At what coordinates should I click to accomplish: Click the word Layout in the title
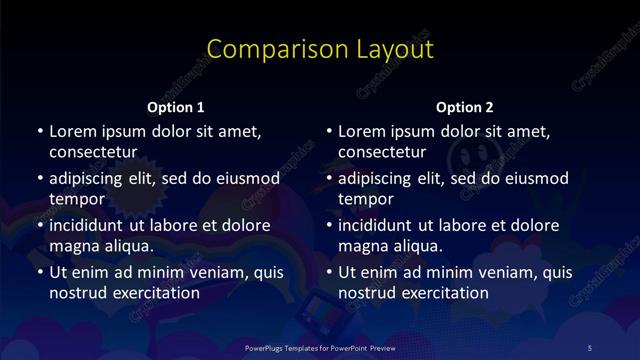[390, 49]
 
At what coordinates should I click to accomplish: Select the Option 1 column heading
[176, 107]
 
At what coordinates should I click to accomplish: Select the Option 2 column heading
[465, 107]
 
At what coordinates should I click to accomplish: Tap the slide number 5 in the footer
[589, 347]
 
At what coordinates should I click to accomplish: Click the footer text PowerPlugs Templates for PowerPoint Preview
[319, 347]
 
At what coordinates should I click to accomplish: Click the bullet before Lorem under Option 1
[39, 131]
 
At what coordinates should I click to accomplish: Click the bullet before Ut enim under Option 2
[329, 272]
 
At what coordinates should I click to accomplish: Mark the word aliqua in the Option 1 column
[129, 246]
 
